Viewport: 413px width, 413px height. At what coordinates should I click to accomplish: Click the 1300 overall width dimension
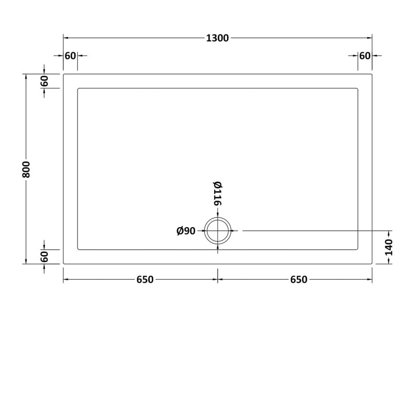217,38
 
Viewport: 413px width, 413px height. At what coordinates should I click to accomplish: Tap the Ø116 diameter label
217,194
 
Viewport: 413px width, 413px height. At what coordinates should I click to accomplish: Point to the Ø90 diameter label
186,231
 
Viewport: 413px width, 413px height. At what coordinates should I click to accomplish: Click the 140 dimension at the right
388,247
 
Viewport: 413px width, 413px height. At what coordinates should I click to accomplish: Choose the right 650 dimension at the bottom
298,280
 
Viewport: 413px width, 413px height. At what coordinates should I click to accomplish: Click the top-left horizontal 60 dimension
70,56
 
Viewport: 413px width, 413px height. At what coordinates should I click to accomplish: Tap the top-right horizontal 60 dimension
365,56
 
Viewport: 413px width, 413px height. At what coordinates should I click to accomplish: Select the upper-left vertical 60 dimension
44,81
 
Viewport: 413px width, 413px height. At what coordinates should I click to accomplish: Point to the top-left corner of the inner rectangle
77,88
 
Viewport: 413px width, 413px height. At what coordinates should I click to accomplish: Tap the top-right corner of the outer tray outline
372,74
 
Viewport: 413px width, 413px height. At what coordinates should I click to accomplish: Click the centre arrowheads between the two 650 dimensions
217,280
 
